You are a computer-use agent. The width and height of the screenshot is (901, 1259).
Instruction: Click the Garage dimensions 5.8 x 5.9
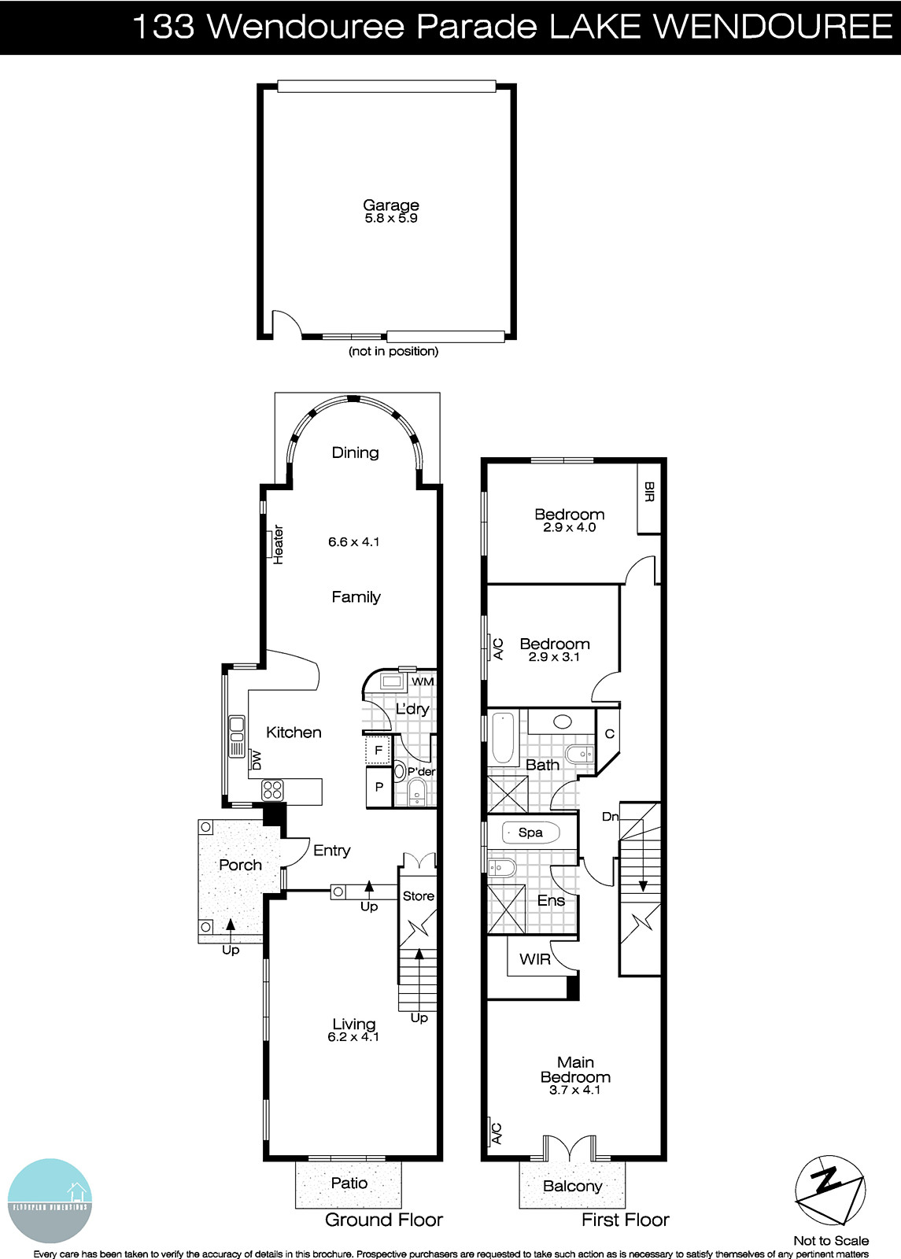pyautogui.click(x=390, y=219)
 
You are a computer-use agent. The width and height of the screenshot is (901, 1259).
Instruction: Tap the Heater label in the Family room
pyautogui.click(x=279, y=545)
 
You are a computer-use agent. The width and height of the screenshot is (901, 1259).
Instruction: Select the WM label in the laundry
pyautogui.click(x=423, y=681)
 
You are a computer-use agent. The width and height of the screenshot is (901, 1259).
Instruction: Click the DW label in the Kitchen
pyautogui.click(x=257, y=760)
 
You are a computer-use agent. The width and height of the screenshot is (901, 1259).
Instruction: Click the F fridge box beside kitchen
pyautogui.click(x=378, y=751)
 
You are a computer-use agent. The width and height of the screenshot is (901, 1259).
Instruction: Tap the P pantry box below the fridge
pyautogui.click(x=378, y=787)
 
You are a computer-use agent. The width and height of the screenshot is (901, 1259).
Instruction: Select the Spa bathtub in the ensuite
pyautogui.click(x=530, y=833)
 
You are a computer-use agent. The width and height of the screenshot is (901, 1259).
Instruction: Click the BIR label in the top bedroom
pyautogui.click(x=648, y=493)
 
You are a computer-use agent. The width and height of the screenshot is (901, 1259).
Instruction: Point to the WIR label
pyautogui.click(x=535, y=959)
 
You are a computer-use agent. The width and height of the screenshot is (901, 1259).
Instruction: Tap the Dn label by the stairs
pyautogui.click(x=611, y=817)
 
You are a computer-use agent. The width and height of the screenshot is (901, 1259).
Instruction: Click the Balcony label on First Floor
pyautogui.click(x=572, y=1186)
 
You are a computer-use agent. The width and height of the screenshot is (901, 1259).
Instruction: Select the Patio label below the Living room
pyautogui.click(x=349, y=1183)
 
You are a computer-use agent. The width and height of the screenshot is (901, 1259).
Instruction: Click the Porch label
pyautogui.click(x=240, y=865)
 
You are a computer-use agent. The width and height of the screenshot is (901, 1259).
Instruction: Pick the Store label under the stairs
pyautogui.click(x=418, y=895)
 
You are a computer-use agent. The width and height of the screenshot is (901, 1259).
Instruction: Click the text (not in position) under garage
pyautogui.click(x=393, y=352)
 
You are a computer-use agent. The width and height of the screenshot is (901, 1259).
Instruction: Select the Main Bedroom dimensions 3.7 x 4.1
pyautogui.click(x=574, y=1091)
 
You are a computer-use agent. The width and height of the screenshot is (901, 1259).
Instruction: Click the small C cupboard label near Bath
pyautogui.click(x=609, y=734)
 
